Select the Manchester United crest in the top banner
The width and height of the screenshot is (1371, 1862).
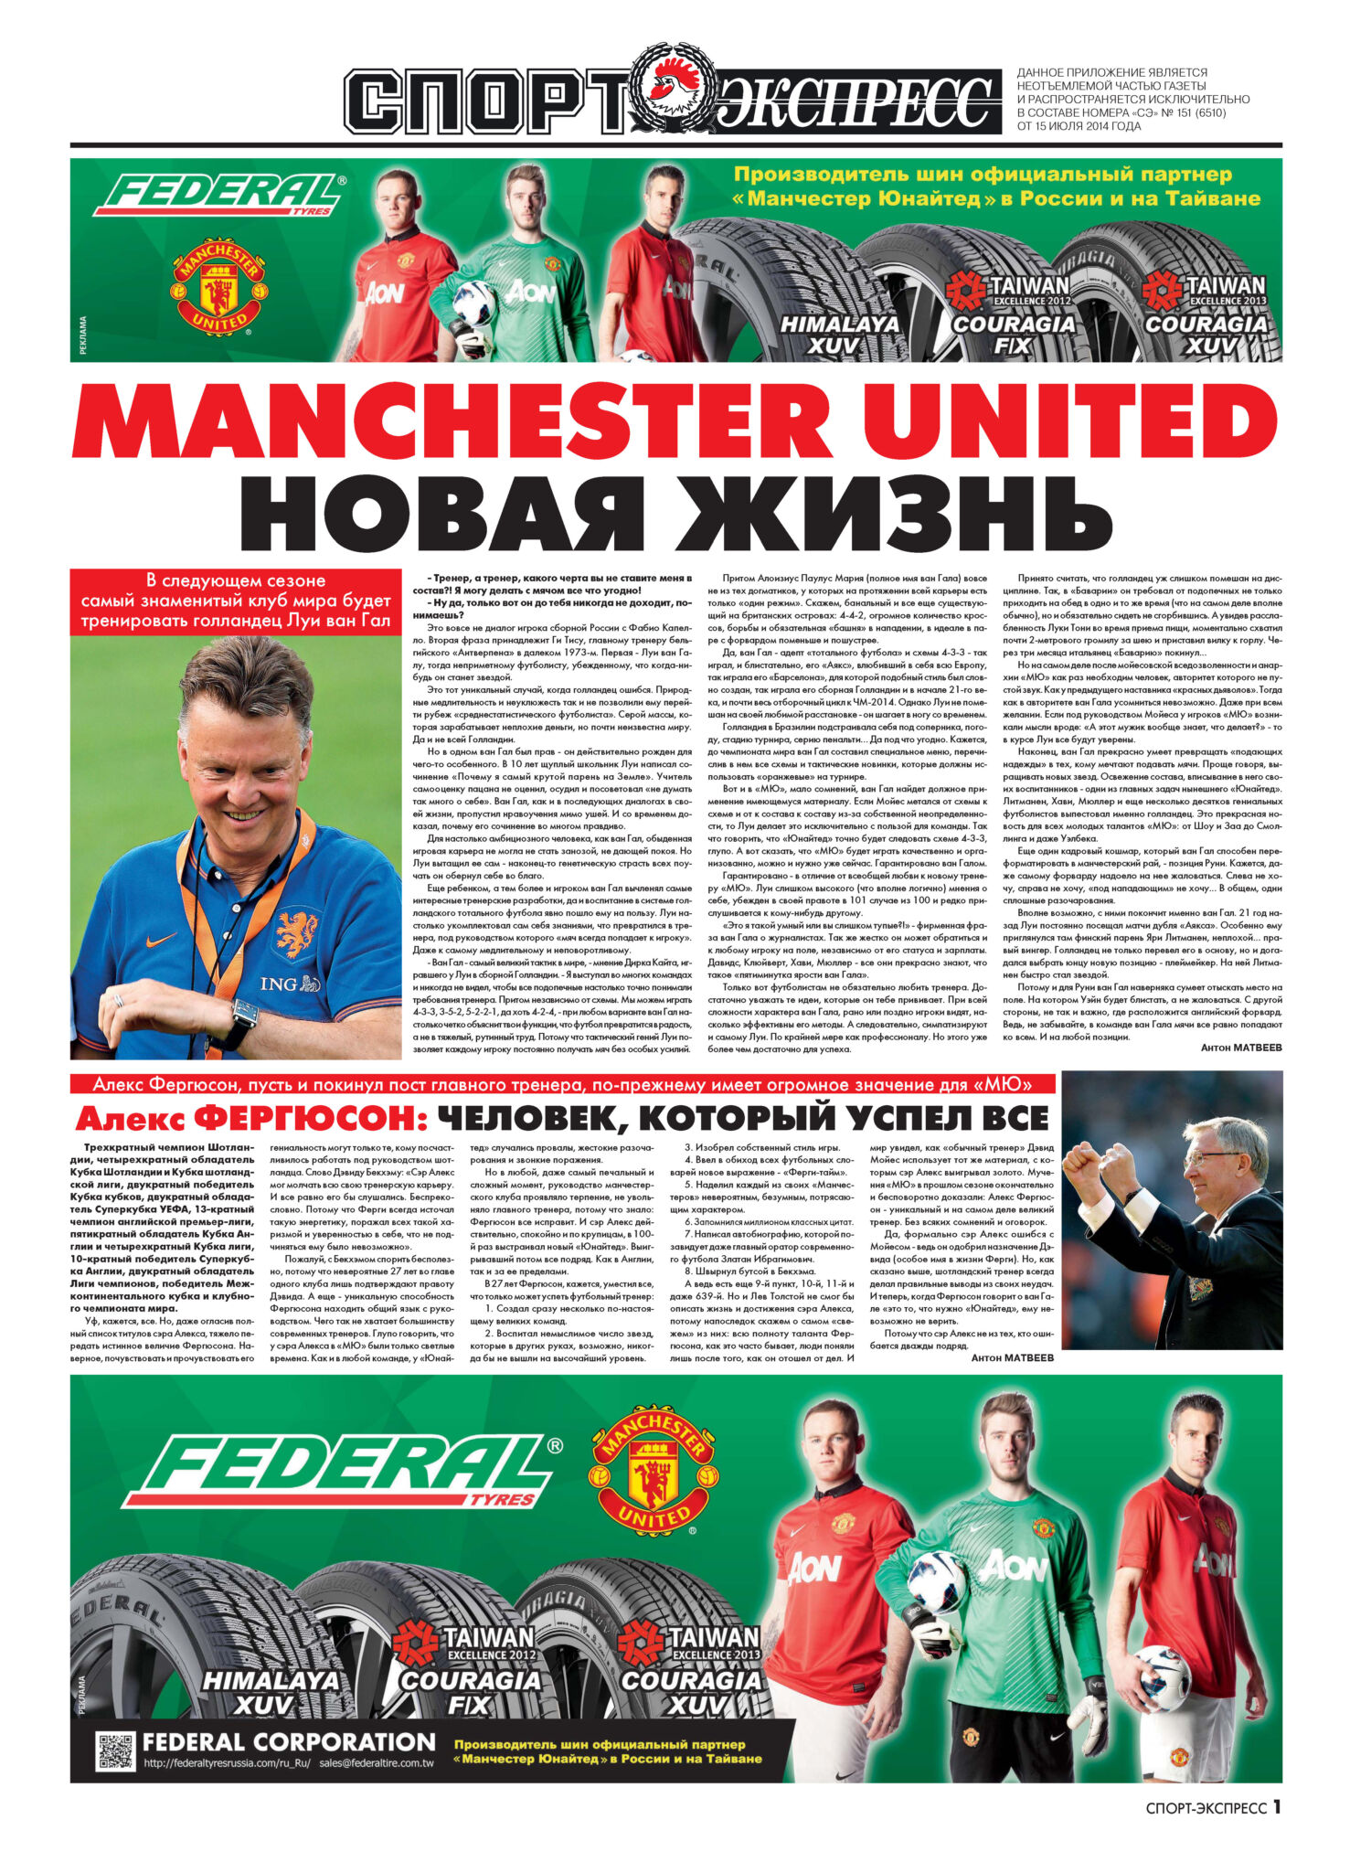[x=220, y=285]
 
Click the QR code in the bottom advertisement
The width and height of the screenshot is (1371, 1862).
[x=116, y=1750]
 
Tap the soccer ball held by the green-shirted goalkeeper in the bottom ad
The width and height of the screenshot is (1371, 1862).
[x=938, y=1580]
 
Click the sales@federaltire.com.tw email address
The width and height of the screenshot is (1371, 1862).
[x=377, y=1763]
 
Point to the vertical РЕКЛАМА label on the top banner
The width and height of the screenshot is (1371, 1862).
[x=83, y=335]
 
